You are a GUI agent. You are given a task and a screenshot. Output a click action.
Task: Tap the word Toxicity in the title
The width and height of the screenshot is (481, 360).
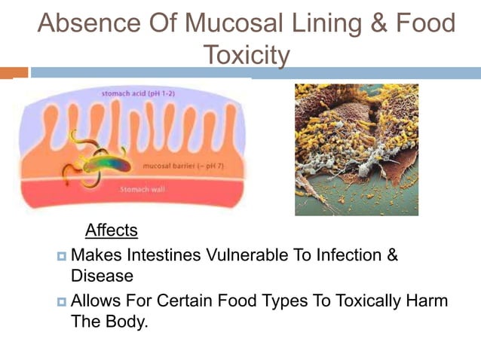tap(247, 54)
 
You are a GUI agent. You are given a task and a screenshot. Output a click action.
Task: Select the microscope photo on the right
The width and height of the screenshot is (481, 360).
tap(356, 149)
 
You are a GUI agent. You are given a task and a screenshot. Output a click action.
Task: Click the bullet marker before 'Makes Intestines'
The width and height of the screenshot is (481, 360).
tap(62, 257)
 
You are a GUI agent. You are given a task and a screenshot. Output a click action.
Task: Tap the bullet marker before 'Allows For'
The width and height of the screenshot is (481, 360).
tap(62, 303)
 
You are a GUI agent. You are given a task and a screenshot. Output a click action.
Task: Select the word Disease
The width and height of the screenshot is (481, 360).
tap(102, 276)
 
